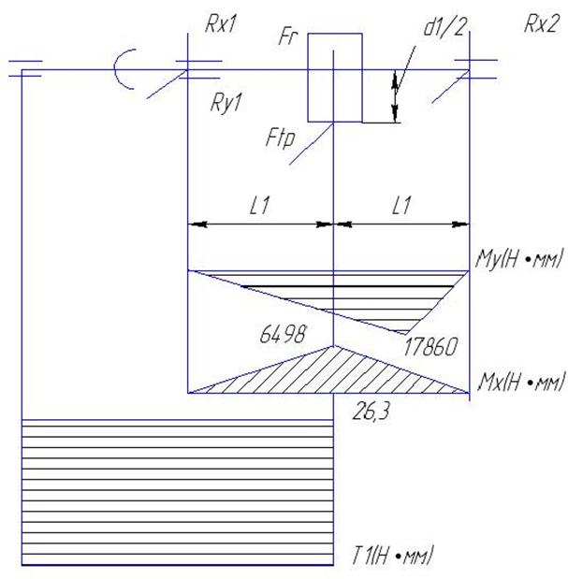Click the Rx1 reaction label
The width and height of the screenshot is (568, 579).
pyautogui.click(x=221, y=24)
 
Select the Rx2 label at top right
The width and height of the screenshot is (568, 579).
pyautogui.click(x=541, y=24)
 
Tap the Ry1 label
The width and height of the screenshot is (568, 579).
pyautogui.click(x=226, y=103)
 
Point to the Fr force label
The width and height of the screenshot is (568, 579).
pyautogui.click(x=288, y=36)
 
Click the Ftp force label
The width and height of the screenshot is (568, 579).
pyautogui.click(x=281, y=138)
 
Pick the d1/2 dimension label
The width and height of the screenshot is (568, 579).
pyautogui.click(x=445, y=27)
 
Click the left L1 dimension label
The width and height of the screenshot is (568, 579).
pyautogui.click(x=259, y=205)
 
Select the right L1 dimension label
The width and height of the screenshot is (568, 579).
pyautogui.click(x=401, y=205)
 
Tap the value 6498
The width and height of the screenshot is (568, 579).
pyautogui.click(x=283, y=334)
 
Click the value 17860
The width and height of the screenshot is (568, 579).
pyautogui.click(x=430, y=347)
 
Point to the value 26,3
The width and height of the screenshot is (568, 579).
pyautogui.click(x=371, y=412)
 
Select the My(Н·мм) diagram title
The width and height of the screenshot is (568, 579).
pyautogui.click(x=519, y=258)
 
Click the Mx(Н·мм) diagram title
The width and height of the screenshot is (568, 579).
pyautogui.click(x=520, y=382)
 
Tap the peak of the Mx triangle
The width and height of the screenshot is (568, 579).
pyautogui.click(x=333, y=346)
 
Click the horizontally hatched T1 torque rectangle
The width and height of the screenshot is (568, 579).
pyautogui.click(x=178, y=493)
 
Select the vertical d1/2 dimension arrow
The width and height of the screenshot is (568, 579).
pyautogui.click(x=396, y=95)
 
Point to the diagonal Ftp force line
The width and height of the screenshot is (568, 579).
pyautogui.click(x=312, y=144)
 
